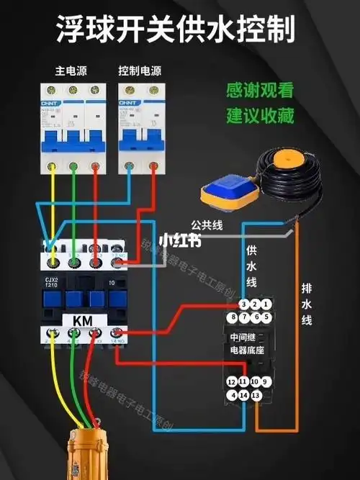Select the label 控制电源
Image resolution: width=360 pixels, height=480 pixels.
pyautogui.click(x=140, y=71)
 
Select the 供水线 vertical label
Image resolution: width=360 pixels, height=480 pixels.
pyautogui.click(x=251, y=267)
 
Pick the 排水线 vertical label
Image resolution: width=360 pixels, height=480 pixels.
pyautogui.click(x=306, y=303)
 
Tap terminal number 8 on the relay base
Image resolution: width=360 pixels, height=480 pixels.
pyautogui.click(x=232, y=317)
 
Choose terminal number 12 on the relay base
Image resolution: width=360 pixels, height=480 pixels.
pyautogui.click(x=231, y=382)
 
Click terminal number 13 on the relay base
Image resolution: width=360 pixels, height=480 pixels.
pyautogui.click(x=255, y=395)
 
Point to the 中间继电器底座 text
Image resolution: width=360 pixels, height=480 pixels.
pyautogui.click(x=248, y=343)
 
